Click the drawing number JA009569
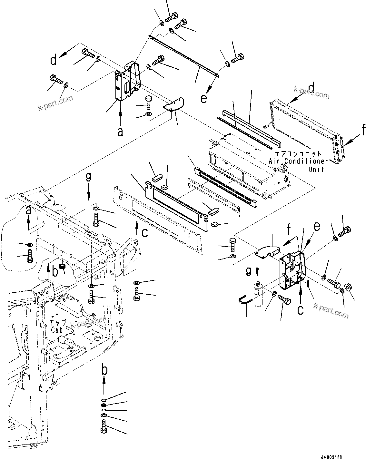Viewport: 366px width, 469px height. pyautogui.click(x=331, y=457)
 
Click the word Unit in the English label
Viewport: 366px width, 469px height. pyautogui.click(x=316, y=170)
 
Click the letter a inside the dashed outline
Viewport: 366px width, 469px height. pyautogui.click(x=28, y=211)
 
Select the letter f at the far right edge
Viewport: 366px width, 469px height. pyautogui.click(x=363, y=130)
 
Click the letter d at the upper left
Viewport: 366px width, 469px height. pyautogui.click(x=54, y=60)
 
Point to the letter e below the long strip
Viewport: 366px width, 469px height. pyautogui.click(x=203, y=99)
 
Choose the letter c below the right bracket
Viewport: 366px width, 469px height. pyautogui.click(x=300, y=310)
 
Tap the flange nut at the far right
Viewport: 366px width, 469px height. pyautogui.click(x=348, y=286)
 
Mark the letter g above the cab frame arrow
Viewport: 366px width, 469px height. pyautogui.click(x=88, y=177)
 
